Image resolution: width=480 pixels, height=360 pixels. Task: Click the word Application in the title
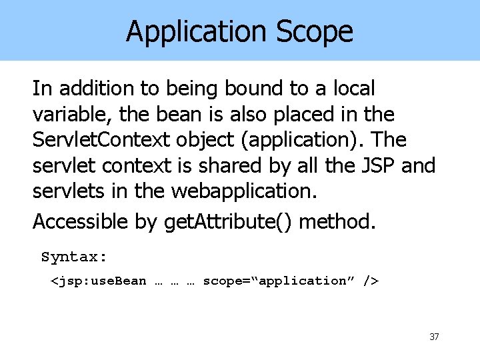tap(193, 31)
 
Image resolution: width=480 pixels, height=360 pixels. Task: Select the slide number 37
tap(434, 337)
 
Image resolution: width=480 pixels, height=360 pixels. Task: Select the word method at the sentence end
tap(337, 221)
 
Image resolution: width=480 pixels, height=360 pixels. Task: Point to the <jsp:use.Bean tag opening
tap(99, 281)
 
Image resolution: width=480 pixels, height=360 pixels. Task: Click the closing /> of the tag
tap(371, 281)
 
